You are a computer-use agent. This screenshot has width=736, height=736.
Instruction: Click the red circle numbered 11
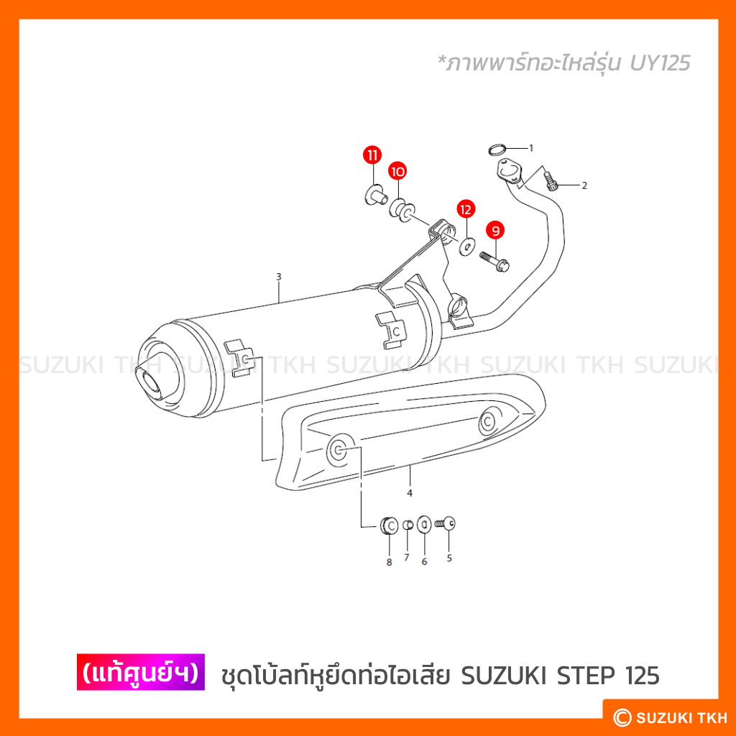[372, 155]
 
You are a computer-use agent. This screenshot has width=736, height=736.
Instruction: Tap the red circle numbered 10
[397, 171]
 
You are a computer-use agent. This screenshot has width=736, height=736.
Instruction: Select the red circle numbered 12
[466, 209]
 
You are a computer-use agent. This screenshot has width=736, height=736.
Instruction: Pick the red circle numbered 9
[495, 231]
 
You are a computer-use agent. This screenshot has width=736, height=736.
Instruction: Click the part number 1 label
[531, 148]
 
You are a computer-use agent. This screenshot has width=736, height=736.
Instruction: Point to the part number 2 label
[584, 186]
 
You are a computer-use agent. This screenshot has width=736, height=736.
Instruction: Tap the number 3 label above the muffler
[279, 277]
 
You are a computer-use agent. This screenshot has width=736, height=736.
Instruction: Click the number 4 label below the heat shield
[410, 493]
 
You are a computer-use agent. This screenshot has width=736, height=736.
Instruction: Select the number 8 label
[389, 562]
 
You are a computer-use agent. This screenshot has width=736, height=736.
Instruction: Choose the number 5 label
[449, 558]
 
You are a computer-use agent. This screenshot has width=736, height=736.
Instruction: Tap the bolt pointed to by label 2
[551, 181]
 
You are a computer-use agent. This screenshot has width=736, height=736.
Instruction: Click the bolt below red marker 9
[494, 262]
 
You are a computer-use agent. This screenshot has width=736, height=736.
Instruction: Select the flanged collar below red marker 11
[377, 195]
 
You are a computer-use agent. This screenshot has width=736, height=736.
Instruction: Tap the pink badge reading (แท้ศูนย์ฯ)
[141, 672]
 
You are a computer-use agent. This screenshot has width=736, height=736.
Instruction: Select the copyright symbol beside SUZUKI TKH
[622, 717]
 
